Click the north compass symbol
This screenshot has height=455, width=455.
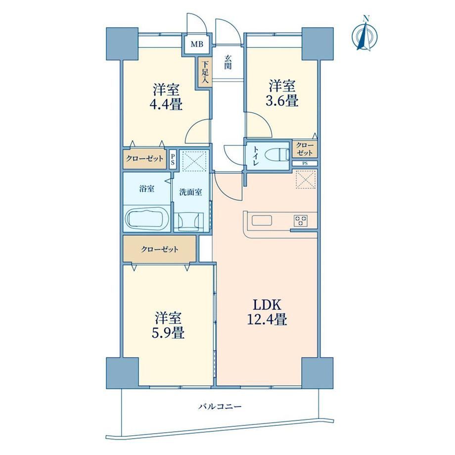(365, 34)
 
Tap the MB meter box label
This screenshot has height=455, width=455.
(197, 45)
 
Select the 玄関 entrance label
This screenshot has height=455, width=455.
(228, 62)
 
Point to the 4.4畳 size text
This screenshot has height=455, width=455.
(166, 104)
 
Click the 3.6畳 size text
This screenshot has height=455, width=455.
(282, 101)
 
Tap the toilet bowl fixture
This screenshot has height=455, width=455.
(280, 154)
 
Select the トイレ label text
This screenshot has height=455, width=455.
(256, 155)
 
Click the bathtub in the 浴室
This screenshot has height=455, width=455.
(147, 219)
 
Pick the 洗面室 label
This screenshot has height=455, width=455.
(190, 192)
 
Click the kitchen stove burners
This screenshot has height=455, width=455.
(301, 221)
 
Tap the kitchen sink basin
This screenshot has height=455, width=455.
(262, 221)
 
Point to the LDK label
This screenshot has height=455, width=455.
(267, 305)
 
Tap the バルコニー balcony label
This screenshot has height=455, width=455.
(220, 407)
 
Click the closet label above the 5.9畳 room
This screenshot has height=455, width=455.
(160, 249)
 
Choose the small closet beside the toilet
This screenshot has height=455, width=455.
(305, 149)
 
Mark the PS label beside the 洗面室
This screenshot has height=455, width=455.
(173, 159)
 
